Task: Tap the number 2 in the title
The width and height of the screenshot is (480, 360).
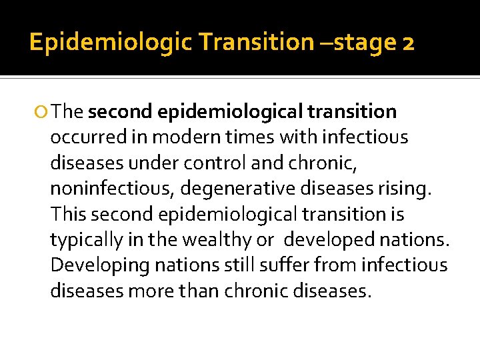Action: pos(408,43)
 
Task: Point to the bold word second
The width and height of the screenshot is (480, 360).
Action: pos(120,112)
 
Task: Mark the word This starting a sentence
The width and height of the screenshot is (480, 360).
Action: pos(69,214)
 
